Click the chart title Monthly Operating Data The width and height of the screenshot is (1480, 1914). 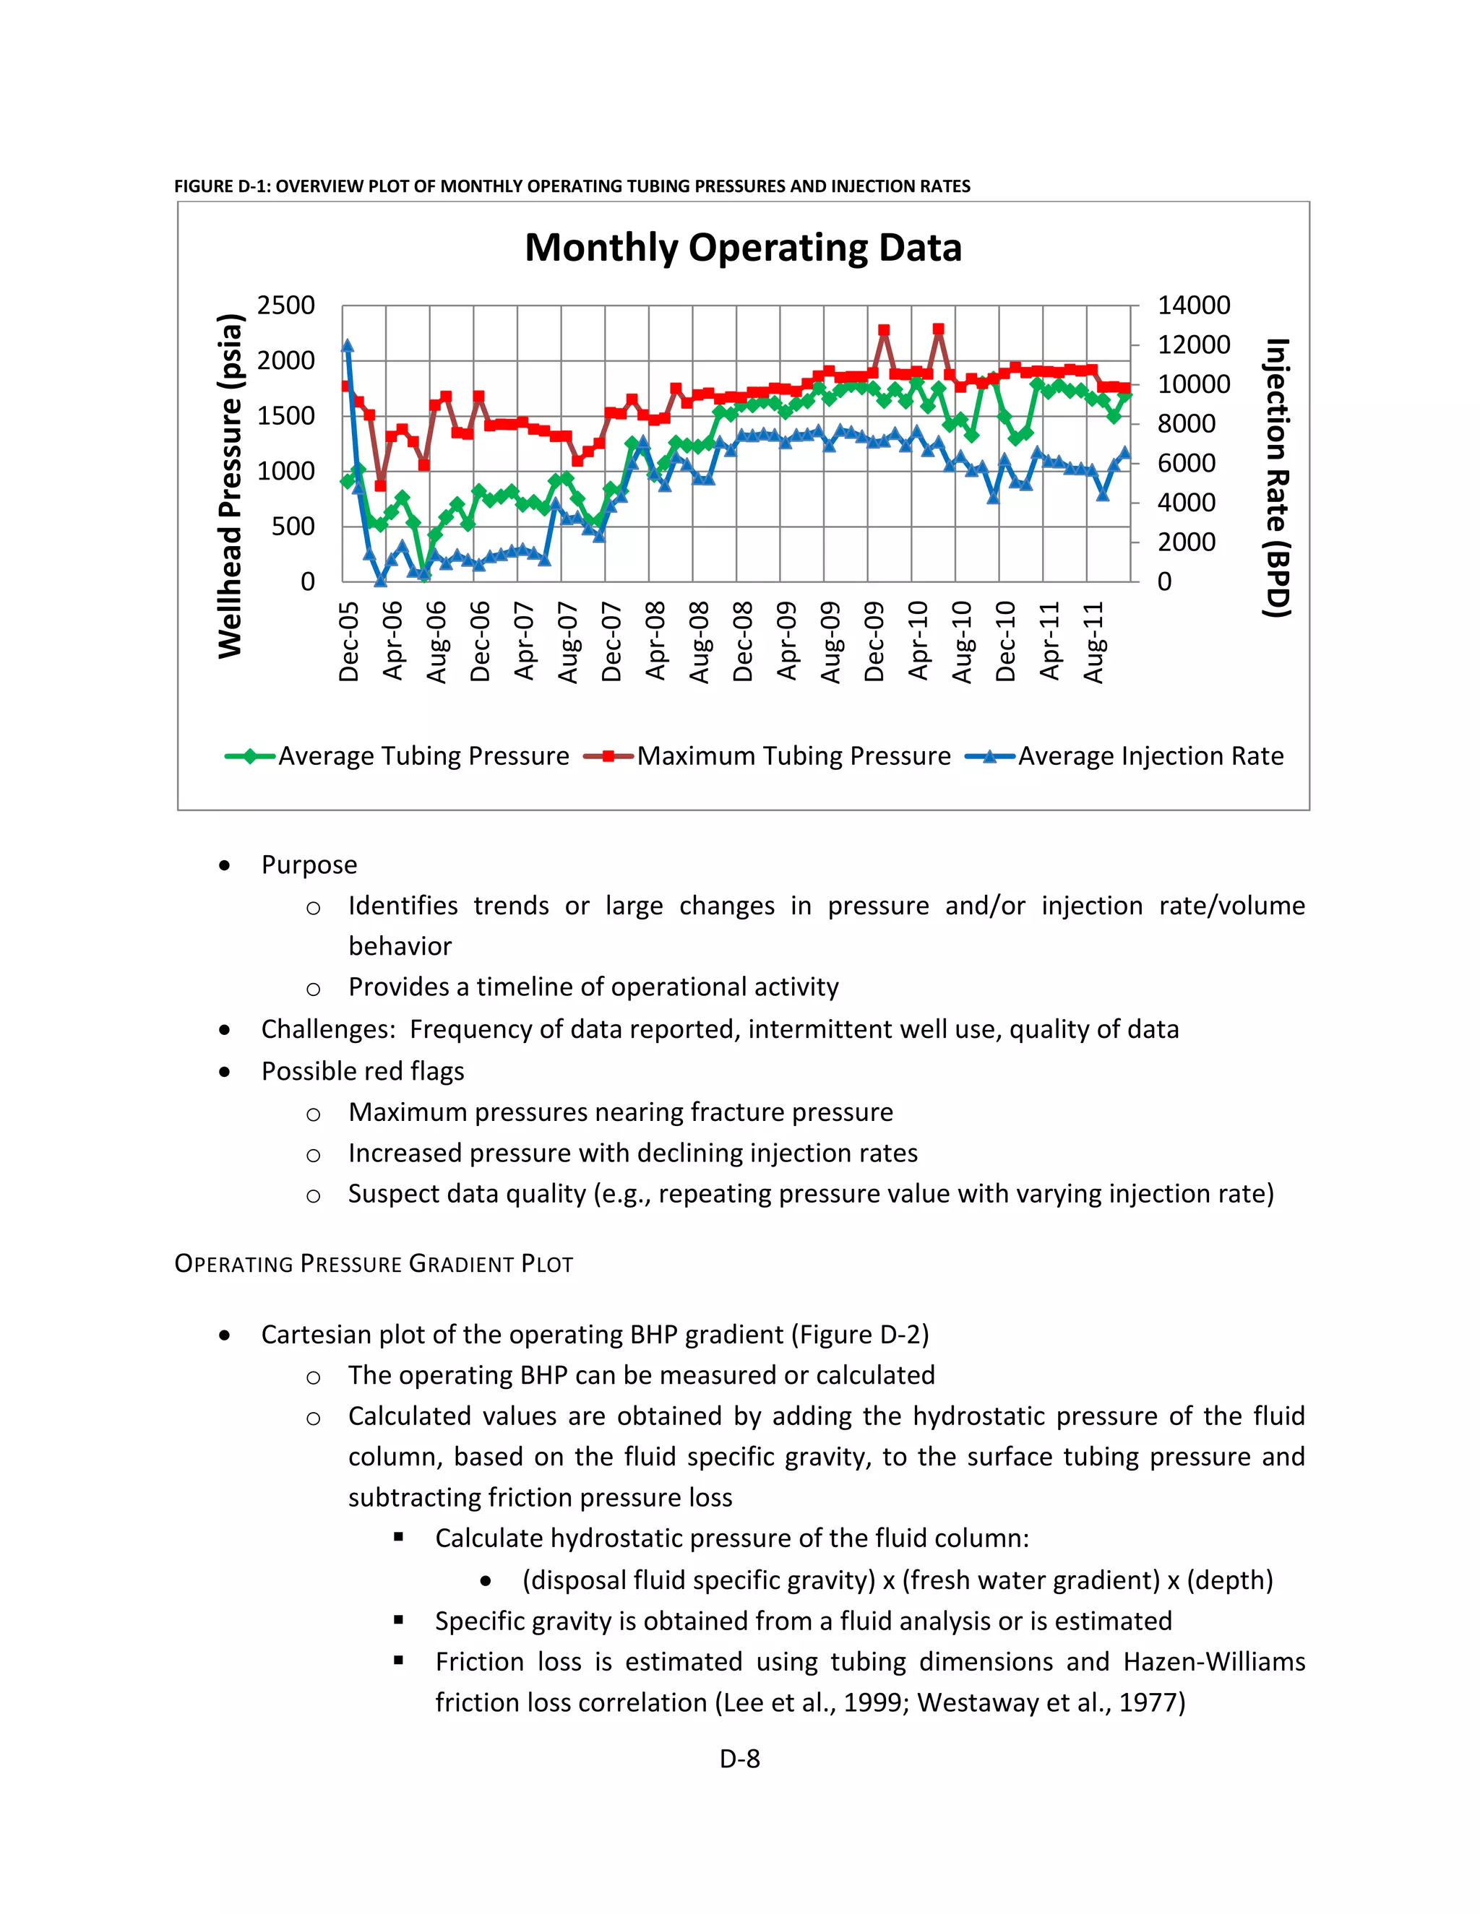(x=743, y=248)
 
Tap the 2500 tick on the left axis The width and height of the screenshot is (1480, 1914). (x=286, y=306)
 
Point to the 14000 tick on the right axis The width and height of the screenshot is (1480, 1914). (x=1193, y=306)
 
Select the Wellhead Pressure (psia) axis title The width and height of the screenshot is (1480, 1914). (x=231, y=485)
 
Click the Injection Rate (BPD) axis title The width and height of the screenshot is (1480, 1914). (x=1277, y=477)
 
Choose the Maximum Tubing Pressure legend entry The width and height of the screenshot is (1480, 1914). (x=767, y=756)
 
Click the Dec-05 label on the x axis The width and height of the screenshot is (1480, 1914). (x=349, y=641)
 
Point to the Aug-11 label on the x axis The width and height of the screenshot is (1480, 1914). (x=1093, y=641)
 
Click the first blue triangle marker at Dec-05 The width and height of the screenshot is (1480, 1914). (x=347, y=346)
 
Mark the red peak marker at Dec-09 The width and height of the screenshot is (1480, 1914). (x=884, y=330)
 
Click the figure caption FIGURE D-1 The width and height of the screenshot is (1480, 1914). (x=572, y=186)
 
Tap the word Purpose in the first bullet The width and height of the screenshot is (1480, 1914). (x=309, y=865)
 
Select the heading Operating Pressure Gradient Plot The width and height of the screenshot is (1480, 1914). (x=374, y=1264)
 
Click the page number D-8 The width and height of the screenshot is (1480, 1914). (x=739, y=1759)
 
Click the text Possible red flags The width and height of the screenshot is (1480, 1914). (x=362, y=1071)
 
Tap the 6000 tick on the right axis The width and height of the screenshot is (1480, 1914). (x=1187, y=464)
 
